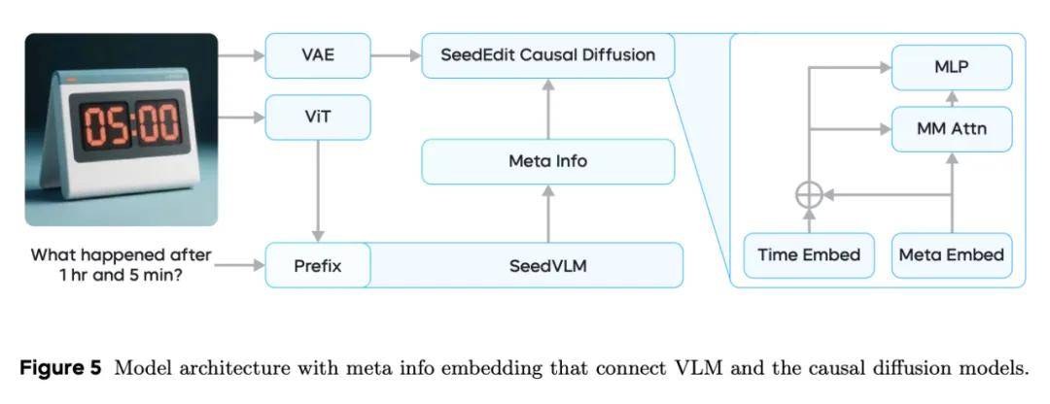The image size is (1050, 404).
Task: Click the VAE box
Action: click(317, 55)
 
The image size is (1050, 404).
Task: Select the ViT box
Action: click(317, 118)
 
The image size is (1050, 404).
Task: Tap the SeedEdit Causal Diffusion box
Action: click(547, 55)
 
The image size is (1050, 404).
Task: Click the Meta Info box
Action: click(547, 161)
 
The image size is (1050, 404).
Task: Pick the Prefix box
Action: click(318, 265)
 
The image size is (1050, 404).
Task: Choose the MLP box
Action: click(952, 67)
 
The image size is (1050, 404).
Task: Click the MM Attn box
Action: click(952, 128)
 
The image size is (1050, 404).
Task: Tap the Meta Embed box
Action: click(952, 255)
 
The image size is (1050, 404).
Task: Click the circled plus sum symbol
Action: click(809, 194)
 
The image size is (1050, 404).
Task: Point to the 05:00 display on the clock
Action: click(130, 125)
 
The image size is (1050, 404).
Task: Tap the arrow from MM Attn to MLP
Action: click(952, 98)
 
